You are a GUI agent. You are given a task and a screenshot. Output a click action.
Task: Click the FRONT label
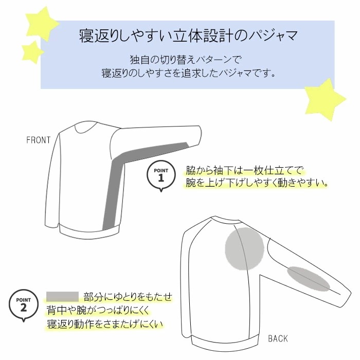pyautogui.click(x=39, y=140)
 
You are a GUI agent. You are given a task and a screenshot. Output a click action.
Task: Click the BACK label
pyautogui.click(x=278, y=338)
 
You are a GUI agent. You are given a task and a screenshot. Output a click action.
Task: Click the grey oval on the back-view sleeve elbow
pyautogui.click(x=309, y=279)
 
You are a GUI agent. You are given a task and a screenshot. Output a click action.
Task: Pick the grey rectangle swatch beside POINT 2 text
pyautogui.click(x=62, y=296)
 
